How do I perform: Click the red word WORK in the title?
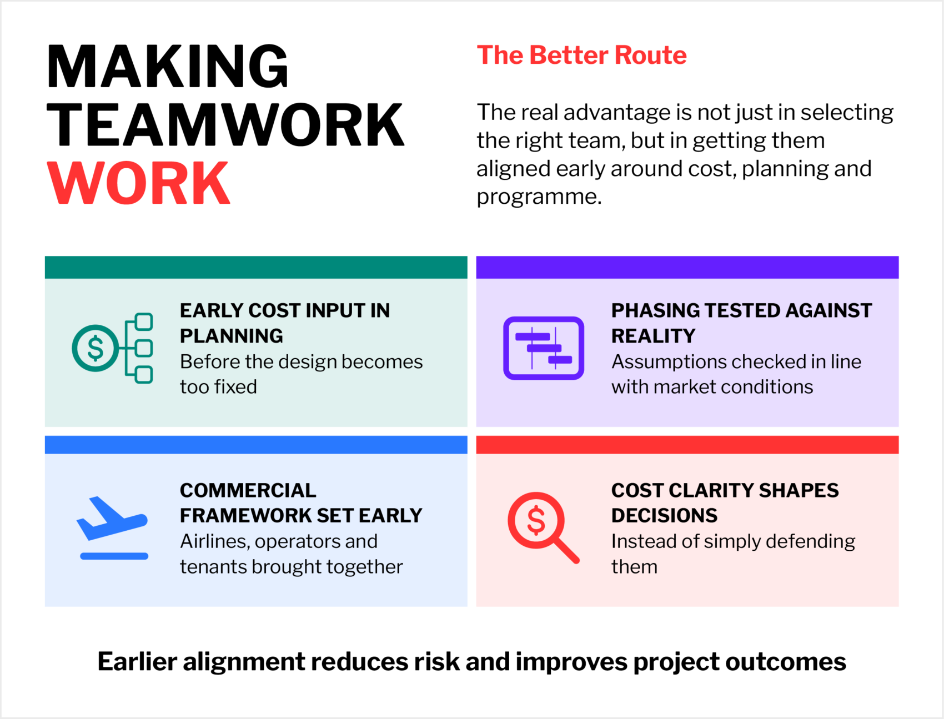click(138, 183)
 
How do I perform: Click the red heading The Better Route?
click(581, 55)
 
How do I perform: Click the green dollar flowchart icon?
click(113, 348)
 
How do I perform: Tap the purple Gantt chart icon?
click(544, 348)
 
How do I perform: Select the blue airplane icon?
click(113, 527)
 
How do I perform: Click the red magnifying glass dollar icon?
click(544, 527)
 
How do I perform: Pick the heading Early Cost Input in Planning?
click(285, 323)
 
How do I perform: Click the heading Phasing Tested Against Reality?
click(741, 323)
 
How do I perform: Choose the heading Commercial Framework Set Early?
click(301, 502)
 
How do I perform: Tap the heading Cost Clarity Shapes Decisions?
click(725, 502)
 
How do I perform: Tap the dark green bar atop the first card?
click(256, 267)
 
